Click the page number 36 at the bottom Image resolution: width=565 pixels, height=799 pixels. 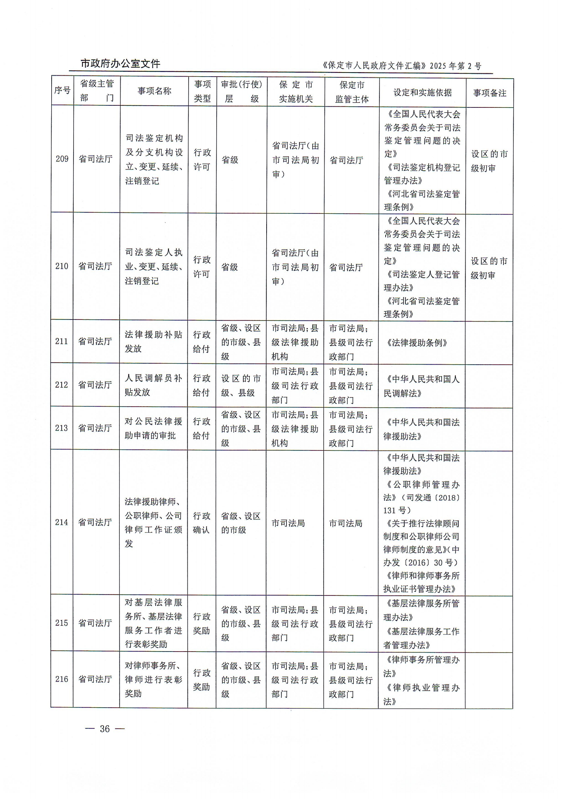click(105, 729)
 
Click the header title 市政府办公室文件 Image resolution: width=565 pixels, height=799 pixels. click(120, 64)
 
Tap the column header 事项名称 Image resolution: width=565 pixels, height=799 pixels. click(154, 91)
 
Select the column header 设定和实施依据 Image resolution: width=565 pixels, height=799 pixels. click(422, 93)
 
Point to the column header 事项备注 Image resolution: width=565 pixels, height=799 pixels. click(489, 93)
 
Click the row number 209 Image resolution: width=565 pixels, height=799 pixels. click(62, 159)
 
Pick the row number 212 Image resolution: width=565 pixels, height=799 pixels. click(62, 385)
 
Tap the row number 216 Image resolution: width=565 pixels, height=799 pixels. click(62, 679)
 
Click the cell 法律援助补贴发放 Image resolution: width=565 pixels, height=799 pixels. click(153, 342)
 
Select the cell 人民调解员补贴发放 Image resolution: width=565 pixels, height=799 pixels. click(153, 385)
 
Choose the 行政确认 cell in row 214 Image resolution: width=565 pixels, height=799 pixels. click(201, 523)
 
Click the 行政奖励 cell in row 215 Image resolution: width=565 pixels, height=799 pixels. click(201, 624)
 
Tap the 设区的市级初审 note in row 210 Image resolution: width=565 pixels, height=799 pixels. click(489, 268)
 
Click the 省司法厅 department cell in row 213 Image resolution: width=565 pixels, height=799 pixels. click(95, 428)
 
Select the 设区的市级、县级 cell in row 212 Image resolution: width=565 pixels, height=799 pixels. click(241, 385)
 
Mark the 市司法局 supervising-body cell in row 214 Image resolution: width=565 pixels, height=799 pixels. click(346, 523)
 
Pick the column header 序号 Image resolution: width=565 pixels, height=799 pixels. click(62, 91)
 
